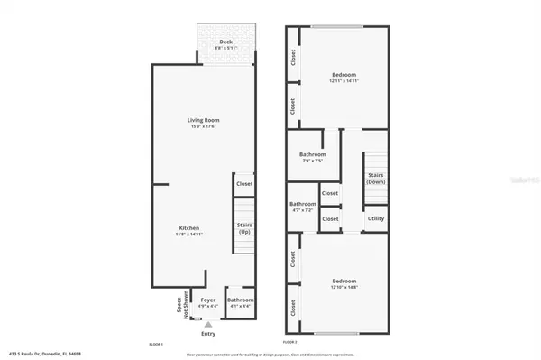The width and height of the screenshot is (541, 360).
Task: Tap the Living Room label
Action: point(205,120)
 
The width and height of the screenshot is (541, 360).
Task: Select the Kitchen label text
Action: point(188,228)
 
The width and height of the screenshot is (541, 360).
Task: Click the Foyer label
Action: point(207,300)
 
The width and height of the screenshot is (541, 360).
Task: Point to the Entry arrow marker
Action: point(208,323)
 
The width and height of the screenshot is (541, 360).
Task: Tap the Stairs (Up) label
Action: point(243,228)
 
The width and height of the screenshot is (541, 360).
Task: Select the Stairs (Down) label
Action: point(376,178)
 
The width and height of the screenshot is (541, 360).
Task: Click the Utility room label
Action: point(376,217)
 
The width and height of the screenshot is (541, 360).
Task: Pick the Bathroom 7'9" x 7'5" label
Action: point(312,154)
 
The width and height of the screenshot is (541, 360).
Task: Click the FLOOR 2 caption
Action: point(290,342)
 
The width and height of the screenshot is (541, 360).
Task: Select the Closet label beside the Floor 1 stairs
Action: point(244,184)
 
